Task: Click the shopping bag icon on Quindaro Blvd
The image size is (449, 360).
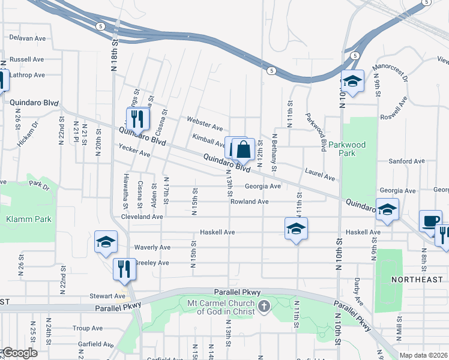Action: pyautogui.click(x=243, y=150)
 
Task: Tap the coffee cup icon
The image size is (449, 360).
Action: pyautogui.click(x=430, y=221)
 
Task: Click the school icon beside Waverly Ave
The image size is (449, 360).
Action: pyautogui.click(x=106, y=242)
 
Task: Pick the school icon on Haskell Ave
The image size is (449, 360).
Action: pyautogui.click(x=296, y=229)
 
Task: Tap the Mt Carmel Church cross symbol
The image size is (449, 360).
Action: pyautogui.click(x=263, y=308)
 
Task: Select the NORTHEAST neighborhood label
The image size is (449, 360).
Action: pyautogui.click(x=417, y=280)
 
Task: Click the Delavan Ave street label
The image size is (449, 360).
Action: pyautogui.click(x=28, y=37)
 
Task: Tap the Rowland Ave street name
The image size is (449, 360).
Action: pyautogui.click(x=249, y=202)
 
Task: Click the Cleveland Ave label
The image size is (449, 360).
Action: pyautogui.click(x=142, y=217)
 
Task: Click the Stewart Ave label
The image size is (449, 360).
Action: pyautogui.click(x=107, y=296)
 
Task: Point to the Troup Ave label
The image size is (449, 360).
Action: pyautogui.click(x=88, y=328)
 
